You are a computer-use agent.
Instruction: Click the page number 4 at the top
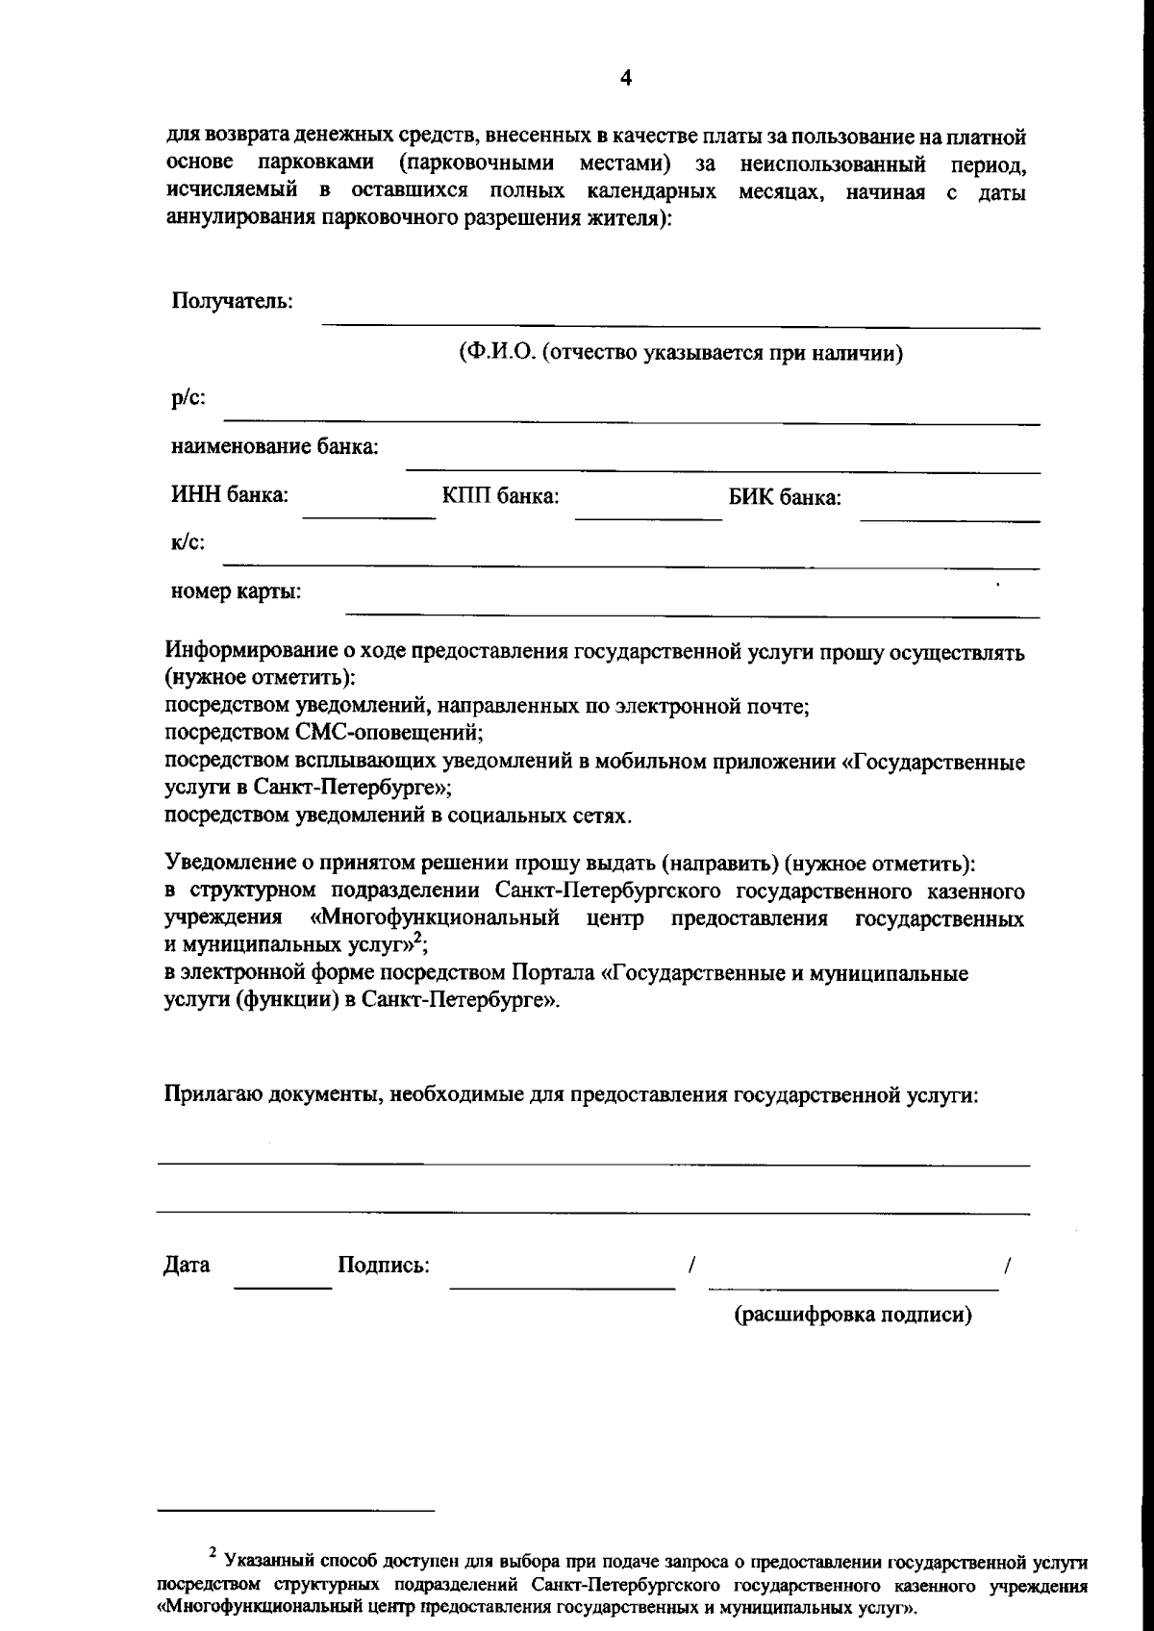click(626, 79)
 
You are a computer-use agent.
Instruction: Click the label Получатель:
click(232, 302)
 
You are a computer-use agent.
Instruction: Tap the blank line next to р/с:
click(631, 421)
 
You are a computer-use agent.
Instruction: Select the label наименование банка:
click(274, 447)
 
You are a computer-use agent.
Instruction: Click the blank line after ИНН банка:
click(369, 517)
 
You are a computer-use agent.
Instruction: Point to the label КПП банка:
click(500, 497)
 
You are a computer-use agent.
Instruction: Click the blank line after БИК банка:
click(949, 519)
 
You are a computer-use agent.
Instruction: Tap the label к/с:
click(188, 542)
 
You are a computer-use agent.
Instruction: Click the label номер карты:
click(236, 591)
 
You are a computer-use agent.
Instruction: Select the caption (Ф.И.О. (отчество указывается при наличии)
click(680, 353)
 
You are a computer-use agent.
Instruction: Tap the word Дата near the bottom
click(187, 1266)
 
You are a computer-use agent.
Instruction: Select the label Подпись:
click(384, 1266)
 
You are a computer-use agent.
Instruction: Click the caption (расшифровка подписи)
click(853, 1315)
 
